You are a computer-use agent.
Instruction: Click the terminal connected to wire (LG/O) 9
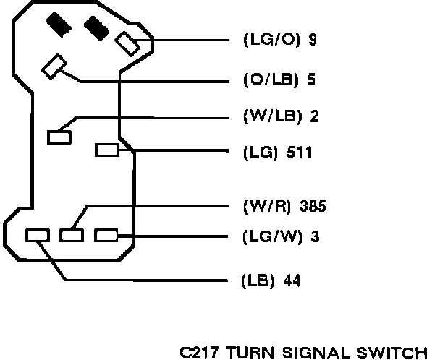(x=128, y=43)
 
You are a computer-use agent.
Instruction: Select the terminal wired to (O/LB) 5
(x=54, y=67)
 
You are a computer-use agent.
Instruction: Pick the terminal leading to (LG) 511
(x=107, y=150)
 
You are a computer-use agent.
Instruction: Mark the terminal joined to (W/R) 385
(x=71, y=235)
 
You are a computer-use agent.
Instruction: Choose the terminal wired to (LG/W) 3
(x=106, y=235)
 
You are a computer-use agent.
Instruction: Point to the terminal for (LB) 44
(x=36, y=235)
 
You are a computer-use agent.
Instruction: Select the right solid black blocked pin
(x=95, y=28)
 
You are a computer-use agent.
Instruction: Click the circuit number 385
(x=313, y=207)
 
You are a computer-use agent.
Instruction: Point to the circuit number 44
(x=293, y=281)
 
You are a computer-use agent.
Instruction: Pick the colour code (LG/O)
(x=266, y=40)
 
